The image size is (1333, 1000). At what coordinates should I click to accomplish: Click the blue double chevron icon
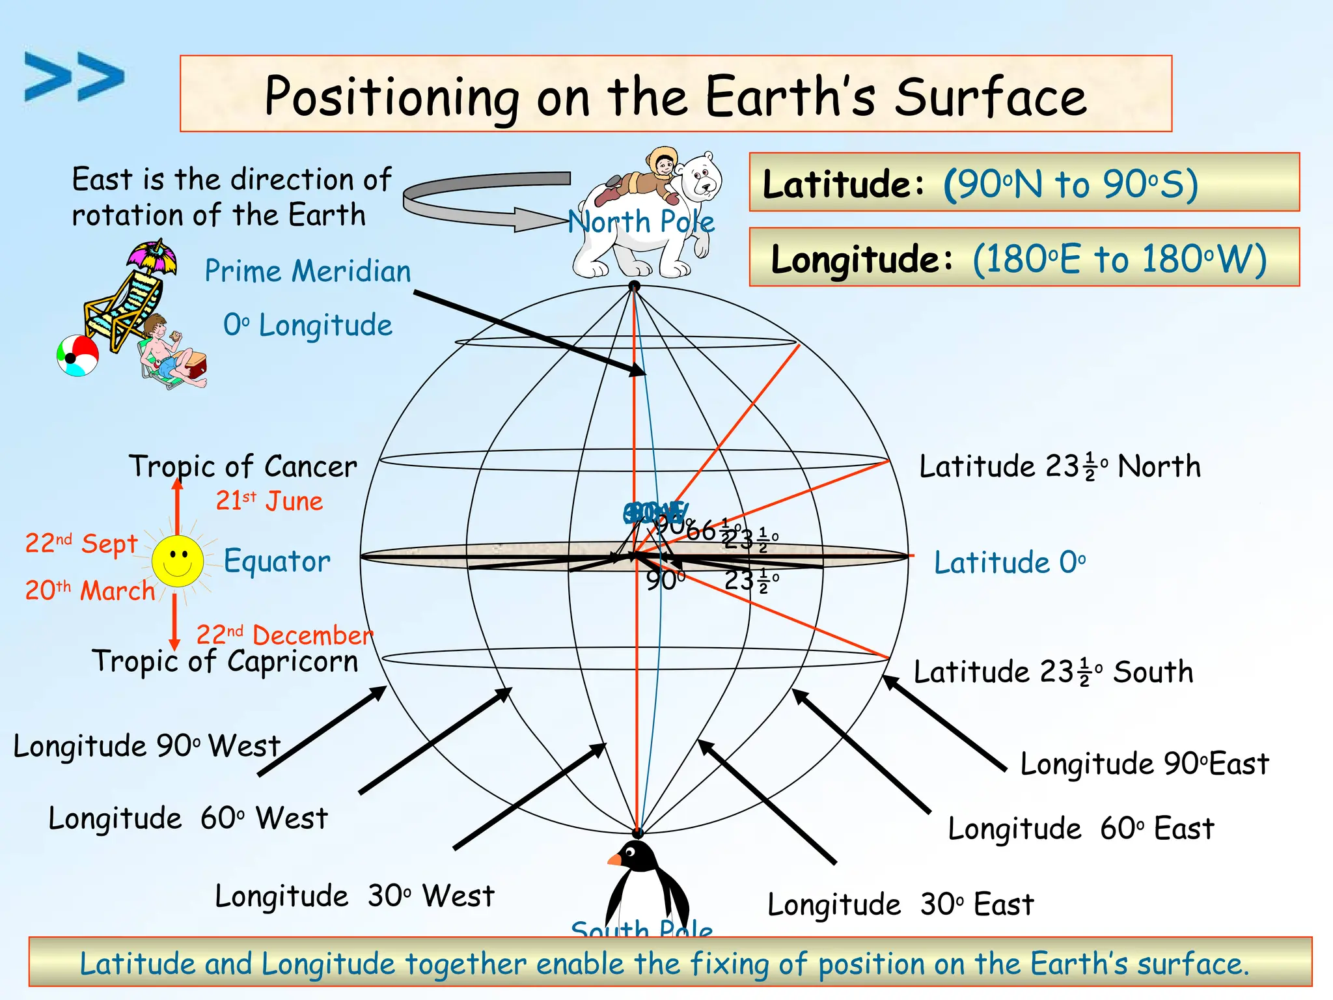[74, 77]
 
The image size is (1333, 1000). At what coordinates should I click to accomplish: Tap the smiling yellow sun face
[177, 561]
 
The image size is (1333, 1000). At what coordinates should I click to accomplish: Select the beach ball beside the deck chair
[77, 355]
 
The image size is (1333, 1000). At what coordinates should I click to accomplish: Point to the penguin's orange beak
[614, 860]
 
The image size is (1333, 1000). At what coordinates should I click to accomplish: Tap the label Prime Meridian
[308, 271]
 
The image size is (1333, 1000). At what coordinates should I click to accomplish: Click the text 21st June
[269, 501]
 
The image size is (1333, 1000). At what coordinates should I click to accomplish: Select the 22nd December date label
[284, 635]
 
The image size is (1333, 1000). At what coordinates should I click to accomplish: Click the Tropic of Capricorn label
[225, 661]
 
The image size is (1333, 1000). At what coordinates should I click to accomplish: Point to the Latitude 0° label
[1010, 562]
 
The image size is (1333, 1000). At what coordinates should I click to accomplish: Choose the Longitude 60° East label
[1080, 829]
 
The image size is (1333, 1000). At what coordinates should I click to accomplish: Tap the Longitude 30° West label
[355, 896]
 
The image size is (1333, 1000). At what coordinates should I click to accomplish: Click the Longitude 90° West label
[146, 746]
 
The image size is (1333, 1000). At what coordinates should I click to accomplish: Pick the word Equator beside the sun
[277, 561]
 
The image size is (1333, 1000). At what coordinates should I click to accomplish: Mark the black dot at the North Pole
[634, 286]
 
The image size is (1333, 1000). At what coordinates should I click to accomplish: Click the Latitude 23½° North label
[1060, 467]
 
